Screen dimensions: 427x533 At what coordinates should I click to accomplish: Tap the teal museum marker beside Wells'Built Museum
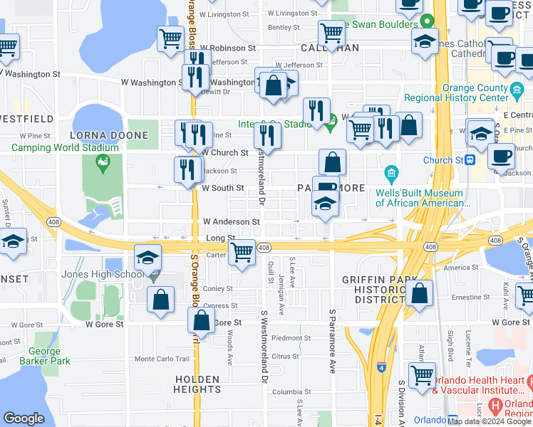[x=390, y=172]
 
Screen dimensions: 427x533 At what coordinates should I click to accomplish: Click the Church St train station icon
[x=471, y=160]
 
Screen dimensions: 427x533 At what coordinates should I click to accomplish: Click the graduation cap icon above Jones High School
[x=148, y=257]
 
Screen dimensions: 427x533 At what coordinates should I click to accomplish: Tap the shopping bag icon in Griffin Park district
[x=420, y=293]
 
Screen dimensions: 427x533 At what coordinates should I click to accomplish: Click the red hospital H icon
[x=497, y=408]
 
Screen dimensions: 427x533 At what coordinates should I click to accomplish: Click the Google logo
[x=24, y=418]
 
